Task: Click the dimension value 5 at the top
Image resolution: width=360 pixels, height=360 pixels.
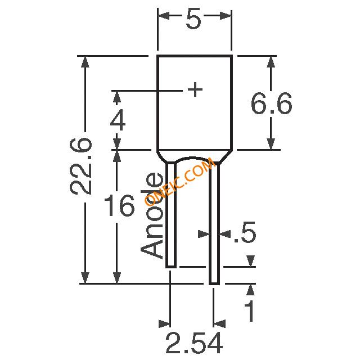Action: tap(193, 19)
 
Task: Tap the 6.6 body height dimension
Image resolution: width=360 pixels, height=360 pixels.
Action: tap(271, 103)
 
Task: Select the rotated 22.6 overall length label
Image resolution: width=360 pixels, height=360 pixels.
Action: tap(81, 166)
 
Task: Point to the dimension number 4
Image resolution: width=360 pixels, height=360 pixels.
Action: tap(118, 120)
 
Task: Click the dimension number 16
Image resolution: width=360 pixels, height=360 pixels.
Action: tap(119, 205)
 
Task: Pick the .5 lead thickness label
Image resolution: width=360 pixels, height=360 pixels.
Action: tap(245, 232)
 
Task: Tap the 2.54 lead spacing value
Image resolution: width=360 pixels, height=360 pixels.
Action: tap(194, 343)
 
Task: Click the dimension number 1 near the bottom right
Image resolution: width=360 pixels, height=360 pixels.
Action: tap(250, 311)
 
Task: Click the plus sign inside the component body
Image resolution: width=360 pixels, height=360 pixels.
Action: tap(195, 89)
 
